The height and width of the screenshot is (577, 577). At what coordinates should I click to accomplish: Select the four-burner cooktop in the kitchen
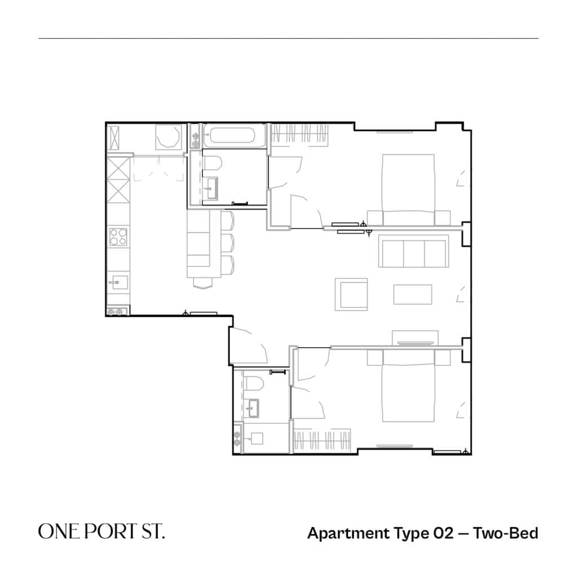[x=118, y=237]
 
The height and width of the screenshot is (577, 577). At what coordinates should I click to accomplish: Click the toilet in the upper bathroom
[x=212, y=163]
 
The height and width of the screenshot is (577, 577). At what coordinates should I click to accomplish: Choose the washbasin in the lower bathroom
[x=252, y=408]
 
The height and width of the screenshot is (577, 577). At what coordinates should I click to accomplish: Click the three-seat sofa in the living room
[x=414, y=251]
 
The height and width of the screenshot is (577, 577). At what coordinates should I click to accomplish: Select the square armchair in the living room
[x=351, y=294]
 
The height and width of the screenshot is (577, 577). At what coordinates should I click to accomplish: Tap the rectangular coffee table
[x=412, y=294]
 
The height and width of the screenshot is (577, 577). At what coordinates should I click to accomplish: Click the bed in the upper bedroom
[x=409, y=189]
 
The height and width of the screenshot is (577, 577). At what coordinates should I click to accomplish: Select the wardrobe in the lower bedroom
[x=322, y=440]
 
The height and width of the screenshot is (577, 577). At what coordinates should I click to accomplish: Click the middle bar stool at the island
[x=228, y=243]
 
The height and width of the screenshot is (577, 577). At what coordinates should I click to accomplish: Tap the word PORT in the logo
[x=109, y=531]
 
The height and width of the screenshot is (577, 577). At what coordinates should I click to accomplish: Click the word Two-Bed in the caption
[x=505, y=533]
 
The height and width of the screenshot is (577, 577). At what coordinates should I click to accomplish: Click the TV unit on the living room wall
[x=415, y=338]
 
